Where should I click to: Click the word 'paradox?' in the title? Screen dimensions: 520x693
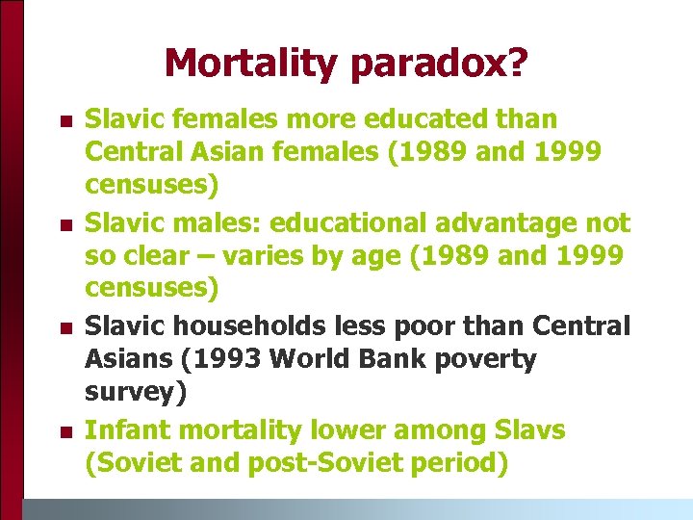tap(440, 64)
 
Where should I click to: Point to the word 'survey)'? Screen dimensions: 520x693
tap(136, 392)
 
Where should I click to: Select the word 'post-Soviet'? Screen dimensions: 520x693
tap(315, 463)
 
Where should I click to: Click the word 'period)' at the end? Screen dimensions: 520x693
tap(452, 463)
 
